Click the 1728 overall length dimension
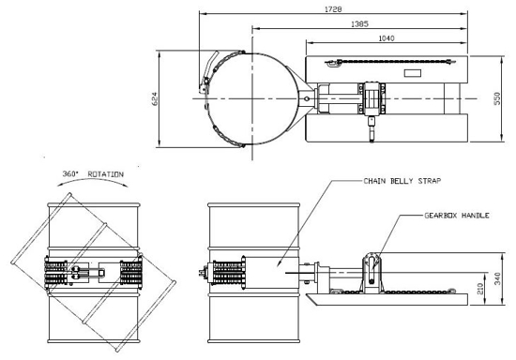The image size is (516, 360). [333, 8]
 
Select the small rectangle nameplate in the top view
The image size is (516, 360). [414, 73]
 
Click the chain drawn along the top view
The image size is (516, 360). [375, 64]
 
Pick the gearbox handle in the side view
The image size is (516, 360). [373, 267]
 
